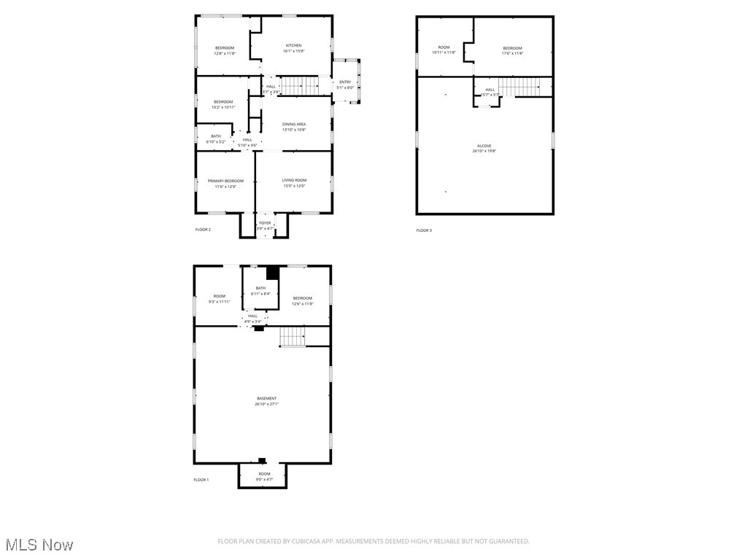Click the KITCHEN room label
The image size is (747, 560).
pyautogui.click(x=293, y=45)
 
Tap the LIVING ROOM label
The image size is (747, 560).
pyautogui.click(x=295, y=180)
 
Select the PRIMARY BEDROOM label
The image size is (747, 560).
pyautogui.click(x=225, y=181)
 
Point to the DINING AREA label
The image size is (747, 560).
pyautogui.click(x=294, y=125)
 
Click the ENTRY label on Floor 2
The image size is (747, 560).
pyautogui.click(x=345, y=82)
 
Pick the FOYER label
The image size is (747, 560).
pyautogui.click(x=265, y=223)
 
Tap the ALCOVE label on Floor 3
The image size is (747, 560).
pyautogui.click(x=484, y=146)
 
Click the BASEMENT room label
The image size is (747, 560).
pyautogui.click(x=266, y=398)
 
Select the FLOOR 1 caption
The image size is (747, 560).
pyautogui.click(x=201, y=480)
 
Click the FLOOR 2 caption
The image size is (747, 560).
pyautogui.click(x=203, y=230)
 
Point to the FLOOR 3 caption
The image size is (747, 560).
pyautogui.click(x=424, y=230)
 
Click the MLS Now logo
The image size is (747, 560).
pyautogui.click(x=39, y=545)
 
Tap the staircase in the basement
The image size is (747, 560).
pyautogui.click(x=292, y=337)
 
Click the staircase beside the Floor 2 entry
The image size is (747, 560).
pyautogui.click(x=300, y=85)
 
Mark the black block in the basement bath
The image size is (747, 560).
pyautogui.click(x=273, y=273)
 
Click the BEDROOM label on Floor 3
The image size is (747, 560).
pyautogui.click(x=512, y=48)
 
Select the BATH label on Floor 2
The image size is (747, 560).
pyautogui.click(x=216, y=136)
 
